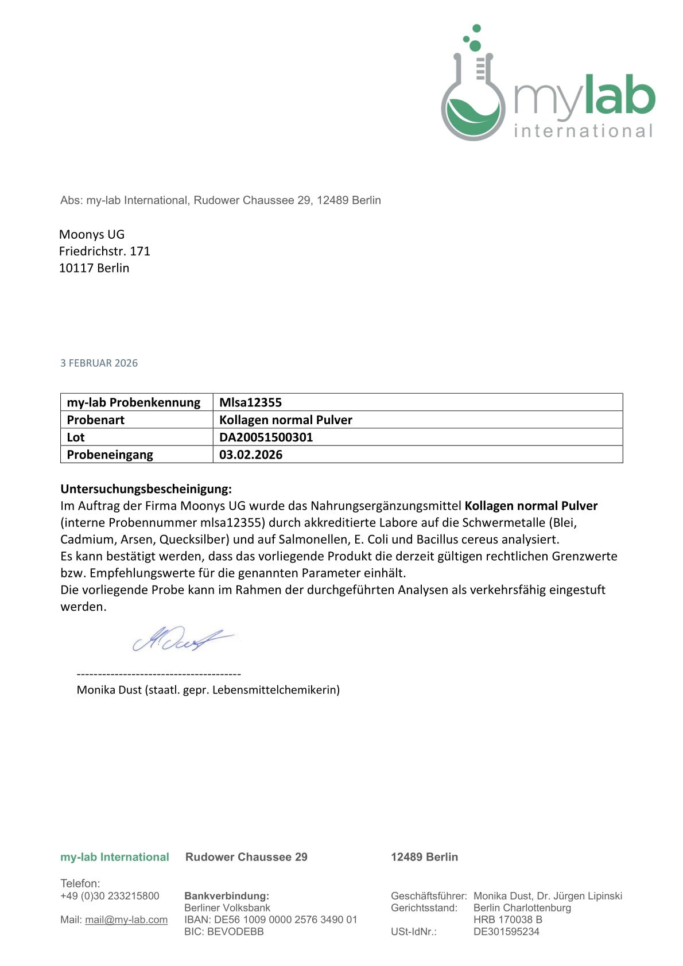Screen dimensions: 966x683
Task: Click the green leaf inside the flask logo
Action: tap(472, 113)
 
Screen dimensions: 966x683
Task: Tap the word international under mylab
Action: tap(583, 131)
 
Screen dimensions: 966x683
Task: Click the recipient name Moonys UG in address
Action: tap(92, 234)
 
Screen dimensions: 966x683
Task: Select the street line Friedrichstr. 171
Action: tap(104, 251)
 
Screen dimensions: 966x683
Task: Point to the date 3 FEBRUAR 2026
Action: tap(99, 363)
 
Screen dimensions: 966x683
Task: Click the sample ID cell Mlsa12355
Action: tap(251, 402)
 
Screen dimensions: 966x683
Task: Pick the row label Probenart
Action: tap(96, 420)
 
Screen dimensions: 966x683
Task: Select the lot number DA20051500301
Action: tap(266, 437)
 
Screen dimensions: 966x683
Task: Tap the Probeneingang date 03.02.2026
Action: tap(251, 455)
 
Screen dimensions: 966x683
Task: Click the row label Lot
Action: tap(76, 437)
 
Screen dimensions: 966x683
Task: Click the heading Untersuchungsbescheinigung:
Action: tap(146, 489)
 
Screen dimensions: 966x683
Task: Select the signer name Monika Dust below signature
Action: tap(109, 690)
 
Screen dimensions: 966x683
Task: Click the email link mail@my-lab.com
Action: tap(126, 920)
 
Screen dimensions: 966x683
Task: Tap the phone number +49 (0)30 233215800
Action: tap(110, 896)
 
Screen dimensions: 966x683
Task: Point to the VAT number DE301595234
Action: tap(506, 932)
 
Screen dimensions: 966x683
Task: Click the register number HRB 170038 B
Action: tap(508, 920)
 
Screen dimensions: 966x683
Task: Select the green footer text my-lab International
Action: tap(115, 857)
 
